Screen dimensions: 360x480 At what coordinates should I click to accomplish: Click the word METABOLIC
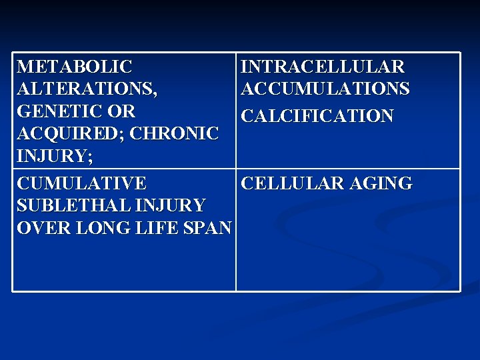tap(75, 67)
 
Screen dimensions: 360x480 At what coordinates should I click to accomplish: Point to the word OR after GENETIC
tap(122, 111)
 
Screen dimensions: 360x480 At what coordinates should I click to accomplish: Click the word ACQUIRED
tap(70, 133)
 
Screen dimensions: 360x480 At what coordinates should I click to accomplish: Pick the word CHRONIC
tap(175, 133)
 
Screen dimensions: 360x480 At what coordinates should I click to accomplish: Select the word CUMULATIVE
tap(82, 183)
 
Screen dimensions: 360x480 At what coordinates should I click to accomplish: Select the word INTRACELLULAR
tap(323, 67)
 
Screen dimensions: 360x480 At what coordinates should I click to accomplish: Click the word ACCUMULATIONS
tap(325, 89)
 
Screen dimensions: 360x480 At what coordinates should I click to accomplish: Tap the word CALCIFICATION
tap(317, 117)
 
